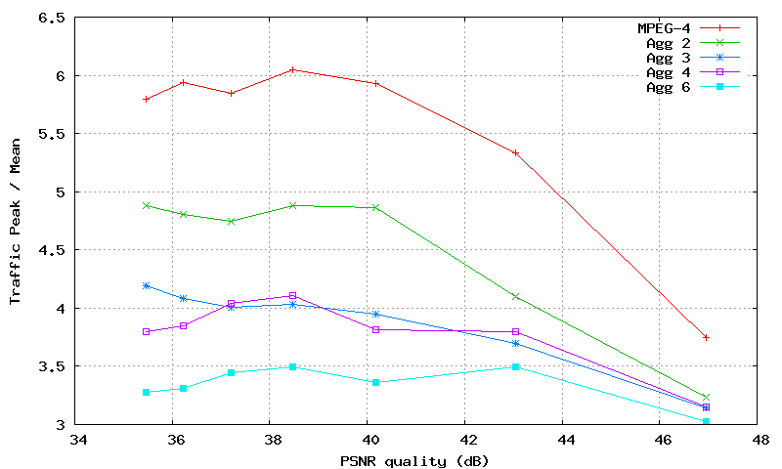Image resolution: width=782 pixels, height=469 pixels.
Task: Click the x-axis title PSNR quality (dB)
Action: tap(415, 460)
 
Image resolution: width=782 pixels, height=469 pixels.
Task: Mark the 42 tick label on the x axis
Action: tap(465, 439)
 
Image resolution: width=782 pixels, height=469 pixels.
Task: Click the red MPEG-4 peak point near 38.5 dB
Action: tap(292, 69)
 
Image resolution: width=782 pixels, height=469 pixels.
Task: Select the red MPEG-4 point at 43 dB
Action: tap(515, 152)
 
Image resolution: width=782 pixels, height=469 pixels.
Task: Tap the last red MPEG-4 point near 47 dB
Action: tap(705, 337)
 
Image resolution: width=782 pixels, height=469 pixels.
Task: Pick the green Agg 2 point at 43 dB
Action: tap(515, 296)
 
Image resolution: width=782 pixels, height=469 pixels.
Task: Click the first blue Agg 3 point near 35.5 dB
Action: tap(146, 285)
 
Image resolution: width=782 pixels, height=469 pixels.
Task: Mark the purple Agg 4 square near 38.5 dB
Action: tap(292, 295)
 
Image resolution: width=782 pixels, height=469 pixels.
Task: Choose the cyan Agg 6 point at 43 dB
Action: tap(515, 366)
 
